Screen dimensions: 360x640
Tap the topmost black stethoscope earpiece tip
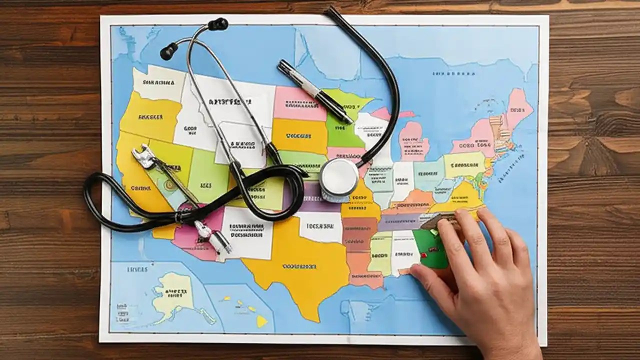(x=218, y=24)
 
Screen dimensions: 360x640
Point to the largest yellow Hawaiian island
(x=262, y=322)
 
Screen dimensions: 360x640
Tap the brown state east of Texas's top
(x=359, y=233)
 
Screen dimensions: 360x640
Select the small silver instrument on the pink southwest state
(x=212, y=237)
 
